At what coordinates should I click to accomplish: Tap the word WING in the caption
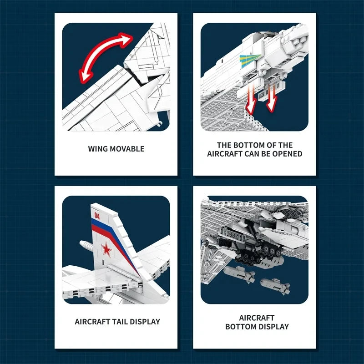point(98,149)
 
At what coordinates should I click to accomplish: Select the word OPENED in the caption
point(288,154)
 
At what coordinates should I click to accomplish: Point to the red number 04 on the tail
point(96,215)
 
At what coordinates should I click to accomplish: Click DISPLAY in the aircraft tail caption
point(145,322)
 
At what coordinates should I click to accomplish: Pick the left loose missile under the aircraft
point(239,274)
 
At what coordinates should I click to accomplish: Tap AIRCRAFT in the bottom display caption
point(257,318)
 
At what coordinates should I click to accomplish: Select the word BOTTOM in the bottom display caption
point(241,327)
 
